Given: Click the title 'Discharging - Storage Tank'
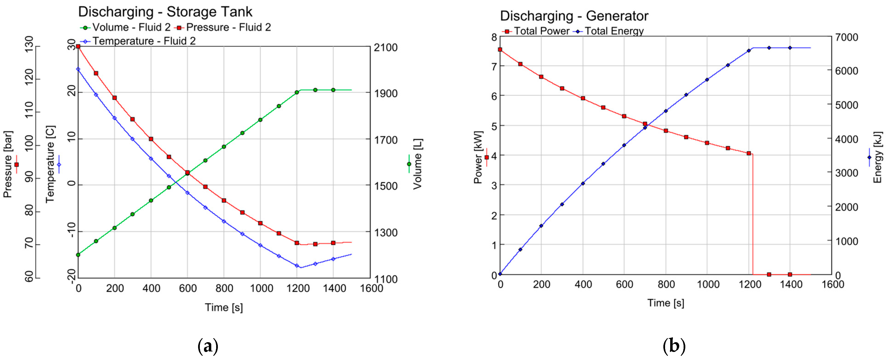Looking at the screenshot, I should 165,12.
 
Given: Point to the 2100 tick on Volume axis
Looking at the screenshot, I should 385,47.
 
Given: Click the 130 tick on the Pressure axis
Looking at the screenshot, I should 30,44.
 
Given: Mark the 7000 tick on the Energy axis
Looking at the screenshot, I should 846,37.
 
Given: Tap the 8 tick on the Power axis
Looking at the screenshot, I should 494,37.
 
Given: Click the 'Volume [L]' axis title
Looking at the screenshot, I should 417,164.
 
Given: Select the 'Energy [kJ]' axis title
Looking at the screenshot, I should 878,157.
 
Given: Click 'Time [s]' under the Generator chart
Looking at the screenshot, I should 666,303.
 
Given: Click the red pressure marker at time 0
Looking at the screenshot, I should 78,46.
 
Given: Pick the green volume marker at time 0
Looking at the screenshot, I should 78,255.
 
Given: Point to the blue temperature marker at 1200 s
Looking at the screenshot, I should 297,266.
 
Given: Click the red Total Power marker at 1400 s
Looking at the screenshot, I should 790,275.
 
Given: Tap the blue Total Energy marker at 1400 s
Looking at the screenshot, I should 790,48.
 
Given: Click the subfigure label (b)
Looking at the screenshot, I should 674,346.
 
